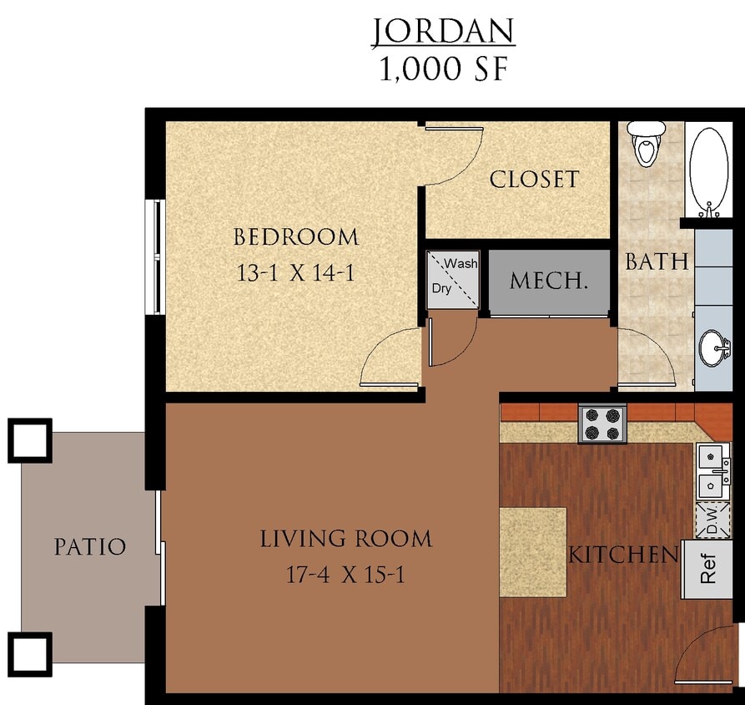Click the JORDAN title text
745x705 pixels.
[x=443, y=31]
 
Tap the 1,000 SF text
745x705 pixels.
[x=443, y=69]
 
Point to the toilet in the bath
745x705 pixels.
[x=647, y=145]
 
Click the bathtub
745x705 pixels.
[x=710, y=171]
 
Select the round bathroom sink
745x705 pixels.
[x=713, y=347]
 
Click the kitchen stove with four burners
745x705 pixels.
[x=602, y=423]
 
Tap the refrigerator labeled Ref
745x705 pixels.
[x=707, y=569]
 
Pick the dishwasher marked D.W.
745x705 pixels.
[x=712, y=520]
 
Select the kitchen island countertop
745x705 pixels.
[x=533, y=551]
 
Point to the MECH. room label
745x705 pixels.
[x=549, y=281]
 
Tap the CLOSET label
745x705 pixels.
[x=534, y=180]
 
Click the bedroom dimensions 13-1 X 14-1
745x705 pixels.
[x=296, y=272]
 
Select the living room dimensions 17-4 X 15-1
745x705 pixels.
[x=345, y=575]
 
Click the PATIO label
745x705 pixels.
[x=90, y=547]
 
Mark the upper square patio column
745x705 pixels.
[x=30, y=440]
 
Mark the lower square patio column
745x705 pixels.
[x=30, y=653]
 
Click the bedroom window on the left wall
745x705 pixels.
[x=155, y=256]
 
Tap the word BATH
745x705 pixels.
[x=657, y=261]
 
